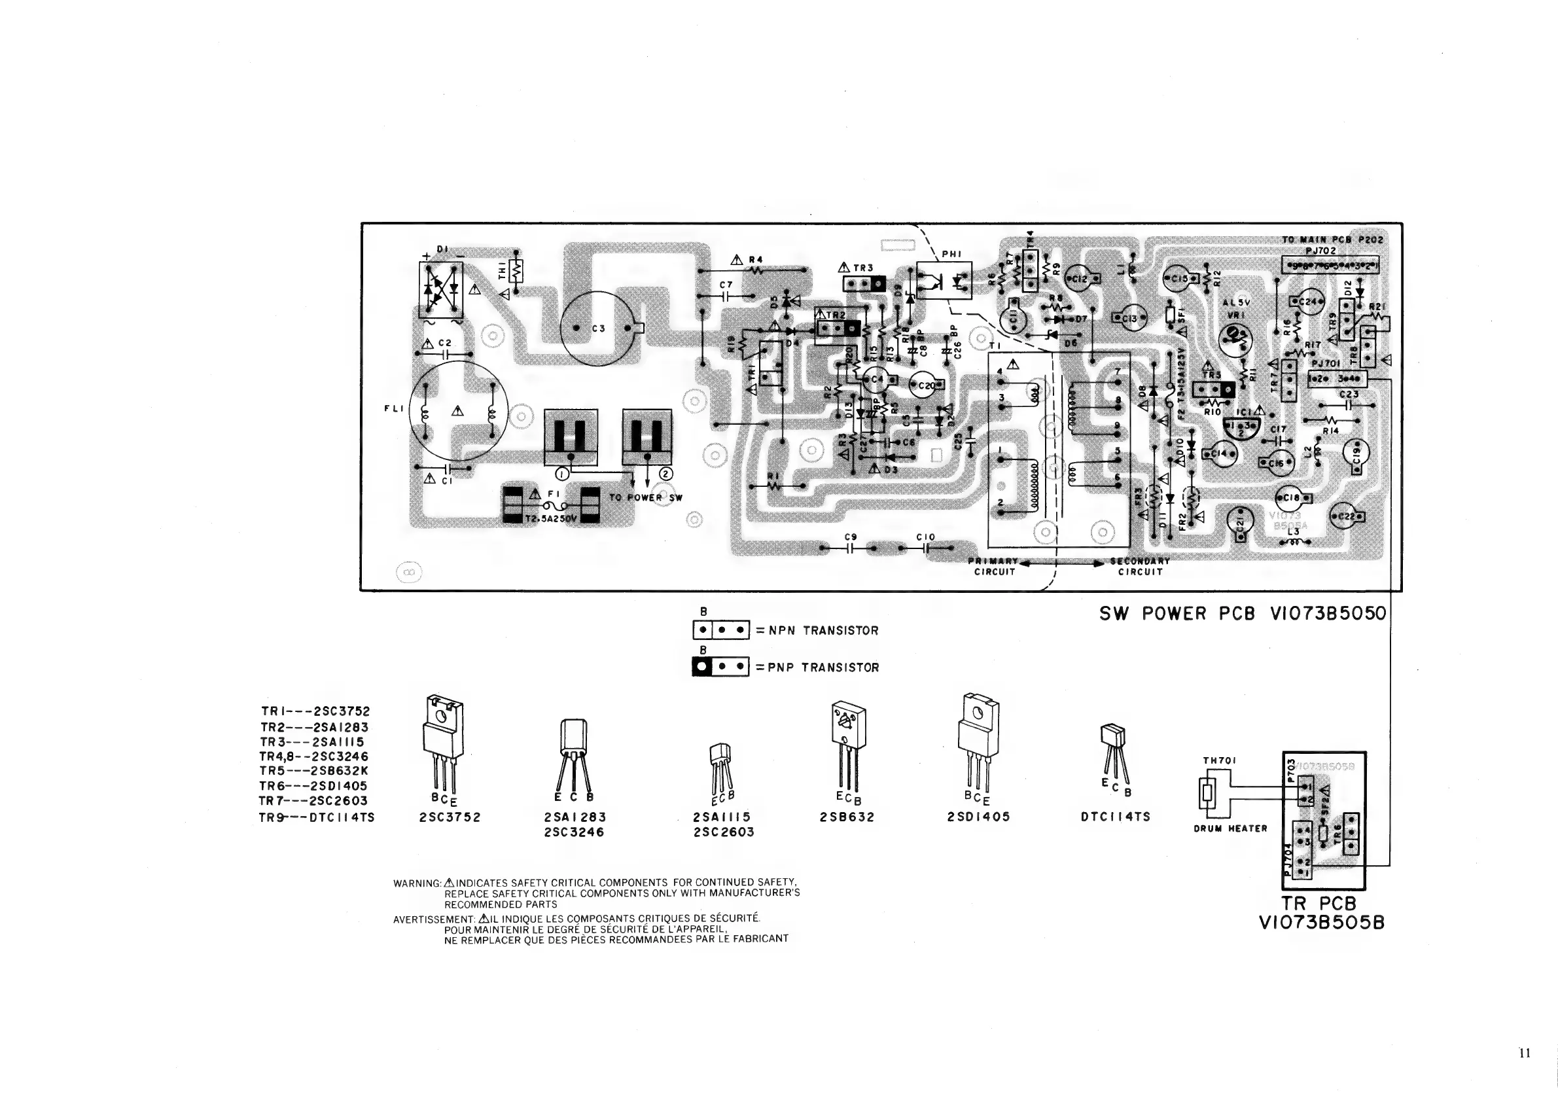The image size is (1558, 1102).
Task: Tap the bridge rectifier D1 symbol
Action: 441,291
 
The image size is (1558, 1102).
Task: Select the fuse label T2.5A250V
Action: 550,519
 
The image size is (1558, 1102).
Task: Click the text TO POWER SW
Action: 645,497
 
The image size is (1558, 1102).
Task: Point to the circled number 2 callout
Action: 665,474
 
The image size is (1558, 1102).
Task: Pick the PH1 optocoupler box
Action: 943,280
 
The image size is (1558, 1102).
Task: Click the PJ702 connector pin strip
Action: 1330,264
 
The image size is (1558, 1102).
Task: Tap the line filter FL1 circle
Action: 458,412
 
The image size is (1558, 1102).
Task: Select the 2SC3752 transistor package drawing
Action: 443,747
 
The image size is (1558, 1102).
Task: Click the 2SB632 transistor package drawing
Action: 847,747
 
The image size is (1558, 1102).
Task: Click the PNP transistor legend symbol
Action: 720,667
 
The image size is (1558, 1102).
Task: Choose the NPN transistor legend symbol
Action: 720,630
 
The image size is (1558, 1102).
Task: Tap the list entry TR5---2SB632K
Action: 313,771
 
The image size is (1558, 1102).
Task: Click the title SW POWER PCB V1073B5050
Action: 1243,613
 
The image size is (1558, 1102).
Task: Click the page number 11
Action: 1524,1052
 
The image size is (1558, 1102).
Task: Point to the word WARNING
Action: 417,883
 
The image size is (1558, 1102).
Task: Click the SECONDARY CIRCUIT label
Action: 1140,567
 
